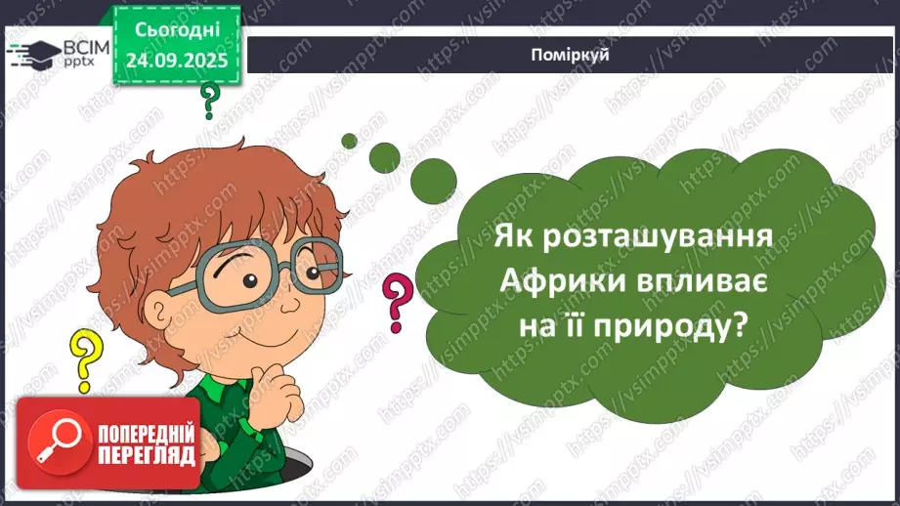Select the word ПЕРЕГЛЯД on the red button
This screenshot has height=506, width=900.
click(145, 457)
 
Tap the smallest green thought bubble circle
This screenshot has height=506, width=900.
click(348, 140)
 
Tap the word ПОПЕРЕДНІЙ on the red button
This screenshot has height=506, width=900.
click(145, 434)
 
